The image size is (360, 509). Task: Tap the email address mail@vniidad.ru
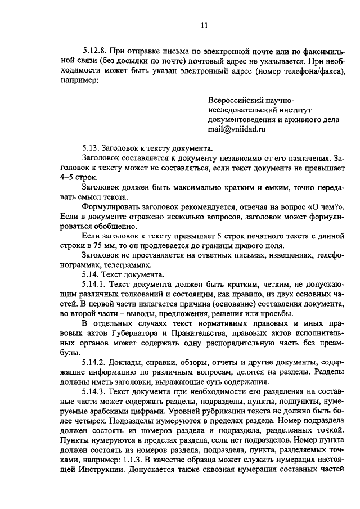(236, 129)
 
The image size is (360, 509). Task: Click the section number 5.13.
(91, 148)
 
